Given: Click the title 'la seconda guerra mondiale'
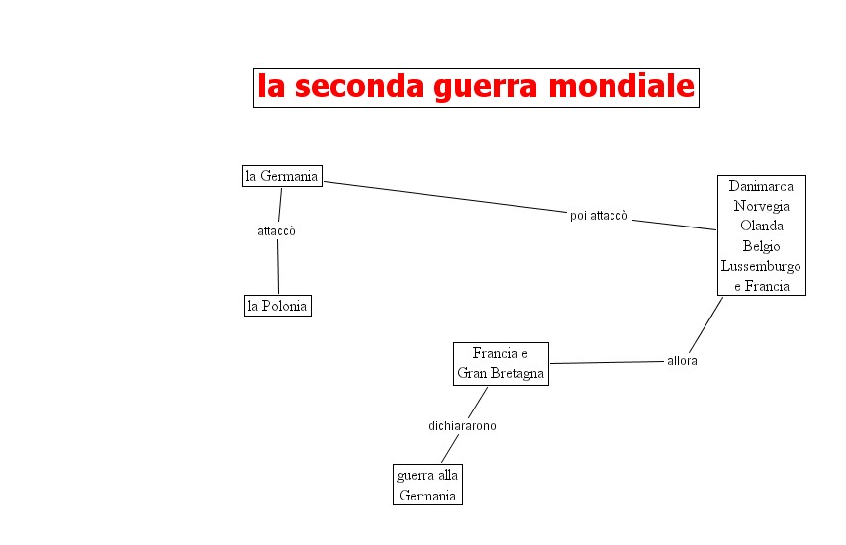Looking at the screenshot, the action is (x=476, y=87).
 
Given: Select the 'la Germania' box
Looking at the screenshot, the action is (x=282, y=176).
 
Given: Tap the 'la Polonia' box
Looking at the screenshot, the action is (x=277, y=306).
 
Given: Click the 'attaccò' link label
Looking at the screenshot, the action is (x=277, y=231).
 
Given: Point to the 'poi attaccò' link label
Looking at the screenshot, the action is (x=599, y=216).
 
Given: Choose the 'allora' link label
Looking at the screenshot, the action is (x=682, y=361).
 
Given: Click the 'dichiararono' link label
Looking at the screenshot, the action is (x=462, y=426).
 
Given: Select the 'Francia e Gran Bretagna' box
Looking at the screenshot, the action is (x=501, y=364).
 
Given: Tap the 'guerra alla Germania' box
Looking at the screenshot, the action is (x=427, y=485).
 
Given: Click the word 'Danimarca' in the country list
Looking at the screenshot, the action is (x=761, y=186).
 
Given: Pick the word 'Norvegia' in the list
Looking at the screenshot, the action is (x=761, y=206).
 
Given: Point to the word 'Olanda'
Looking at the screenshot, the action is (x=761, y=226).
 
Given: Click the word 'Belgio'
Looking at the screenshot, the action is (x=761, y=246).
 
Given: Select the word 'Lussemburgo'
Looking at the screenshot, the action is (x=761, y=266).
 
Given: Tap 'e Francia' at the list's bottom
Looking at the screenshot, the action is (x=761, y=286).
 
